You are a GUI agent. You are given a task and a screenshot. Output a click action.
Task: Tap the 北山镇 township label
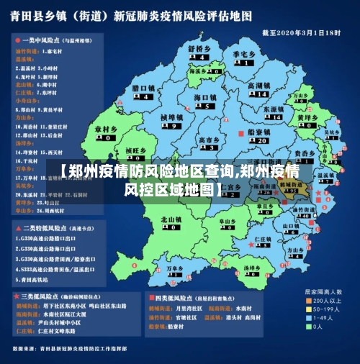171,219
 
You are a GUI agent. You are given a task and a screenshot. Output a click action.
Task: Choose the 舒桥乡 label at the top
199,49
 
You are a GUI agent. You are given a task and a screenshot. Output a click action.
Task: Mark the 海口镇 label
205,97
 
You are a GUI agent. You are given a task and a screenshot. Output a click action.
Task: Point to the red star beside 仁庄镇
251,244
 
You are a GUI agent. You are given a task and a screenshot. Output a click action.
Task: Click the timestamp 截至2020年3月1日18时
300,33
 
